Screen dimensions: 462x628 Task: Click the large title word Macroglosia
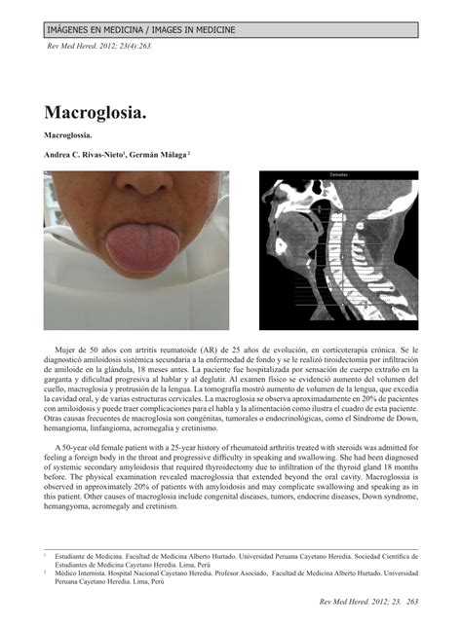pyautogui.click(x=96, y=112)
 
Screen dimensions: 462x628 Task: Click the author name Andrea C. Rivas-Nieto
pyautogui.click(x=83, y=155)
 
